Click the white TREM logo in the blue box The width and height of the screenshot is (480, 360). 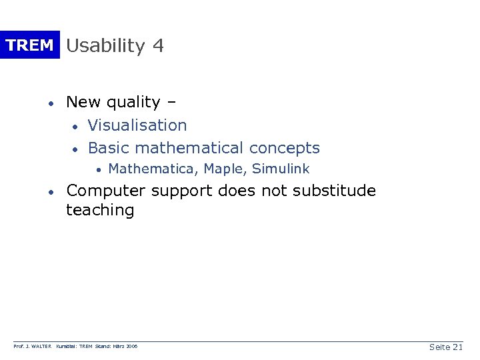pyautogui.click(x=29, y=45)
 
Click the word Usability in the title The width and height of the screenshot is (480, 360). pyautogui.click(x=105, y=46)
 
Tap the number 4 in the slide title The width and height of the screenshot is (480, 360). pyautogui.click(x=158, y=45)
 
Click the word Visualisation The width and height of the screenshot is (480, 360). pyautogui.click(x=137, y=125)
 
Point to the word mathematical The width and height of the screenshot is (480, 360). pyautogui.click(x=190, y=148)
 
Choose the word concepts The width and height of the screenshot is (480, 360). pyautogui.click(x=286, y=148)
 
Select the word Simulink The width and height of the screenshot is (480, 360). pyautogui.click(x=281, y=169)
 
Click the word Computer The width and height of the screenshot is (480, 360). pyautogui.click(x=106, y=191)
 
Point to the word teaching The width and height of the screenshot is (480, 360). pyautogui.click(x=100, y=211)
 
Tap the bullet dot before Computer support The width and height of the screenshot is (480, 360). pyautogui.click(x=50, y=192)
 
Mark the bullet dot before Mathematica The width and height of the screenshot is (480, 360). pyautogui.click(x=97, y=170)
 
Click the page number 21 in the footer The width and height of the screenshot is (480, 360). pyautogui.click(x=457, y=347)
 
